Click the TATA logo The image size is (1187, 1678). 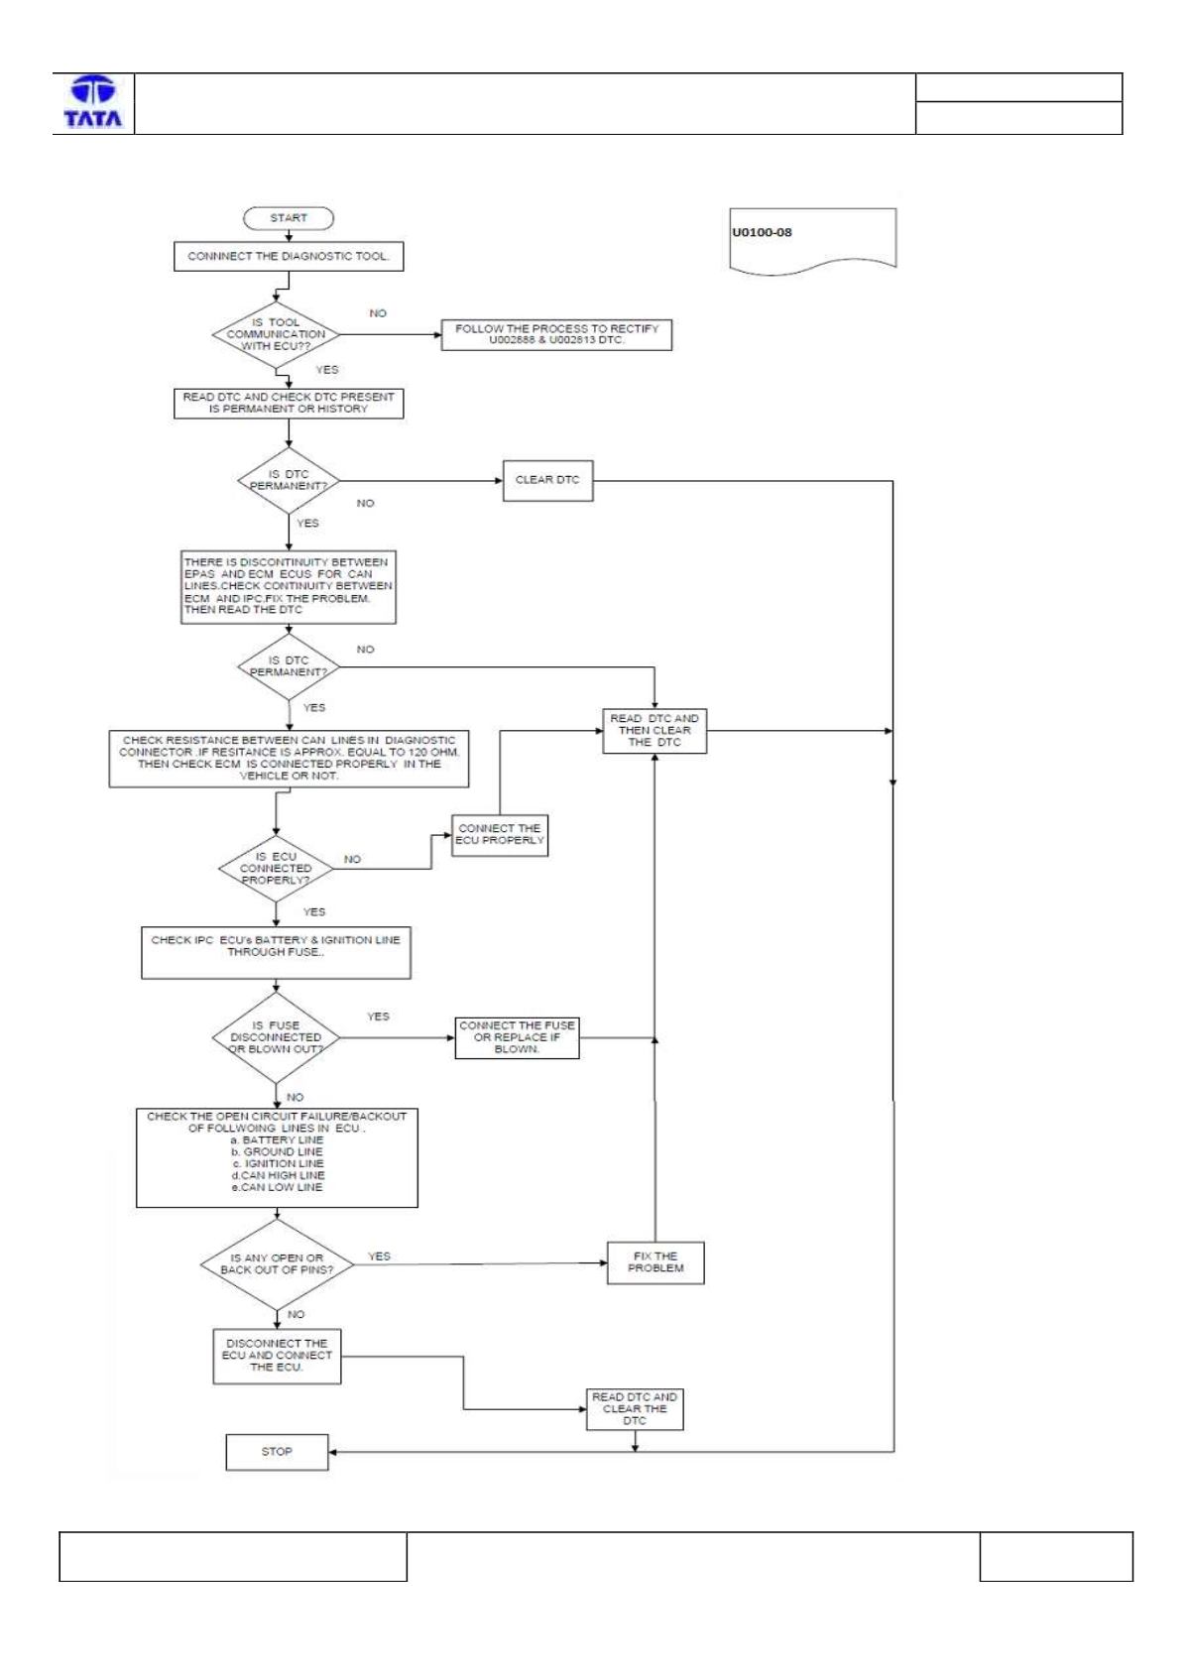point(93,101)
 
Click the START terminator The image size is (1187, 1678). point(289,218)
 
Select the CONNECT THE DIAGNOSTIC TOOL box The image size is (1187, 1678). point(289,256)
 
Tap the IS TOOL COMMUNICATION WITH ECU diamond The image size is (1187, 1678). point(276,335)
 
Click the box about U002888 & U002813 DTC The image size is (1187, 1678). point(556,335)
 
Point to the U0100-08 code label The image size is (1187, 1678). point(762,232)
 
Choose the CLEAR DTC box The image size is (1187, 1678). point(547,480)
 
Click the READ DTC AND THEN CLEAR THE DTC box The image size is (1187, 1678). point(654,730)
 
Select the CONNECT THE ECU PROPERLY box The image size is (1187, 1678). point(500,835)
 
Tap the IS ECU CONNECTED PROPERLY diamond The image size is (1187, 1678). point(276,869)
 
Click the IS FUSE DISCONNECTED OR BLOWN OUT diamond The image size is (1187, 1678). point(276,1037)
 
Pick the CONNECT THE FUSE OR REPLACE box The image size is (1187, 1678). point(517,1037)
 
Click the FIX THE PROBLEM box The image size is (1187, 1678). point(655,1262)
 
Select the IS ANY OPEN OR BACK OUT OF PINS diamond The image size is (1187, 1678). point(277,1264)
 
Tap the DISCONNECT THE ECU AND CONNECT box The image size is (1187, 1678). point(277,1356)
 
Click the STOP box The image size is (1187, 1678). point(277,1452)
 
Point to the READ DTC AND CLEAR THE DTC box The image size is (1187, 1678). point(635,1409)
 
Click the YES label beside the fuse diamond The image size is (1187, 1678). point(378,1017)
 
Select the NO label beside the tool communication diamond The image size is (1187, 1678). point(378,313)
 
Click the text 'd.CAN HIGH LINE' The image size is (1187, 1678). point(278,1175)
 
